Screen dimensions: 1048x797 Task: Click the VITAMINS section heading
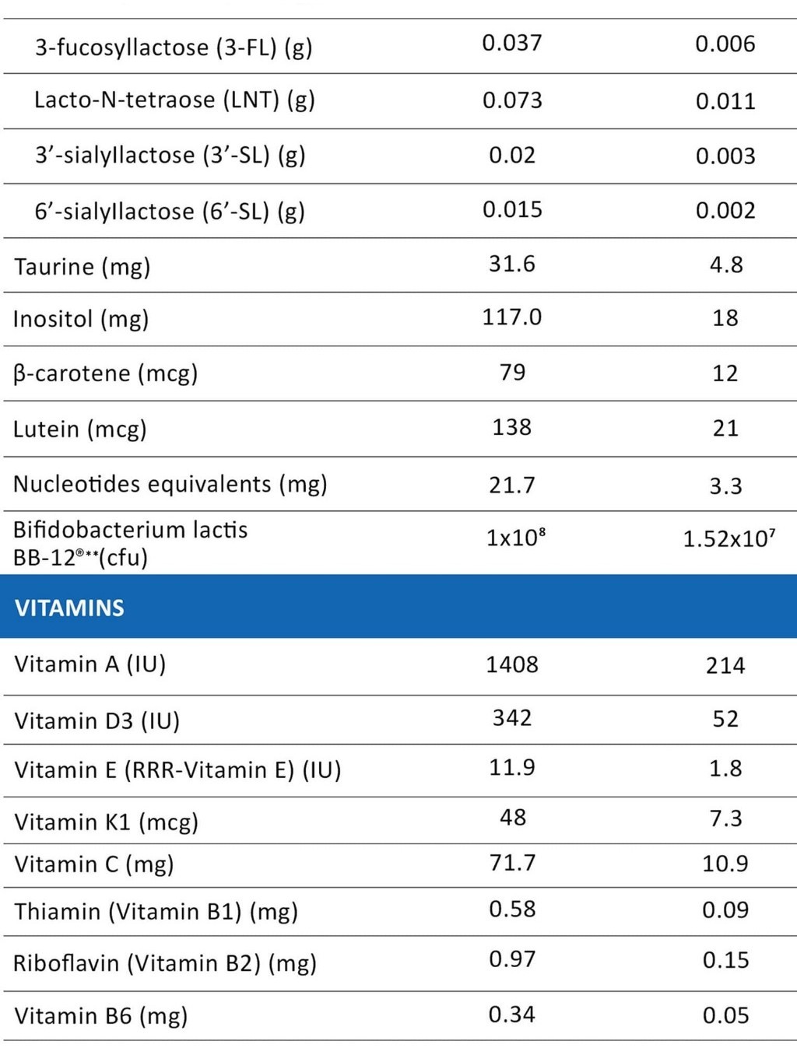[x=69, y=608]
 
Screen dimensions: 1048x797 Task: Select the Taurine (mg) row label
[x=82, y=267]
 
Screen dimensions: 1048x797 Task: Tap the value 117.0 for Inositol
[x=511, y=317]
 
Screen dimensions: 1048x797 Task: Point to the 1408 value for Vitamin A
[x=511, y=664]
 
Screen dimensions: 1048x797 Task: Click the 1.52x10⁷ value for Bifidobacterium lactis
[x=729, y=538]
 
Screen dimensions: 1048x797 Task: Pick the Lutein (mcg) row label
[x=79, y=429]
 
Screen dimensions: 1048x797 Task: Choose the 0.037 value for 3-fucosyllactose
[x=511, y=43]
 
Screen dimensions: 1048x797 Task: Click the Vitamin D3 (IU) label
[x=97, y=721]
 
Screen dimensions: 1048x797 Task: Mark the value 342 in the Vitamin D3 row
[x=511, y=717]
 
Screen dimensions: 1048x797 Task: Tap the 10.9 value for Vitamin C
[x=725, y=864]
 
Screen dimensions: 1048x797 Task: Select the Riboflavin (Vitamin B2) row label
[x=164, y=963]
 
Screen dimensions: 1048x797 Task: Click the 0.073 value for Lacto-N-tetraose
[x=511, y=100]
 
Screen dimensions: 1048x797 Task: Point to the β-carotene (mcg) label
[x=105, y=373]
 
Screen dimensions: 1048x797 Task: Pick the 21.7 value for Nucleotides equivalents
[x=511, y=485]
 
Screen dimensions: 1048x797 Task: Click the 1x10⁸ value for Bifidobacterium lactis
[x=515, y=538]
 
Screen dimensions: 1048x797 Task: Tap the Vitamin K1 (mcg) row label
[x=106, y=822]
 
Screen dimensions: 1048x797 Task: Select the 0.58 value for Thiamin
[x=511, y=910]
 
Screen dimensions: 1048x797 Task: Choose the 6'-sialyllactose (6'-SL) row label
[x=169, y=212]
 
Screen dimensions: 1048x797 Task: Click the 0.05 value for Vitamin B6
[x=725, y=1015]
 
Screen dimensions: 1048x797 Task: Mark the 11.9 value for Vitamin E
[x=511, y=768]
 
